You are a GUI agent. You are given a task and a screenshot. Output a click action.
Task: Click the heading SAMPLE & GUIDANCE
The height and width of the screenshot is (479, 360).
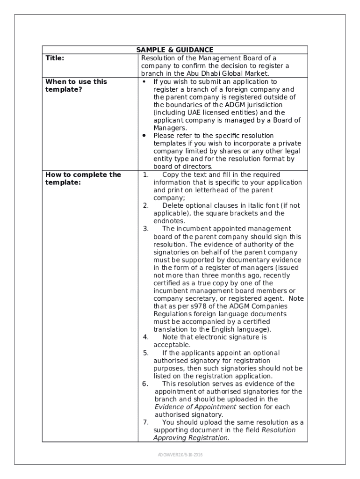[x=174, y=50]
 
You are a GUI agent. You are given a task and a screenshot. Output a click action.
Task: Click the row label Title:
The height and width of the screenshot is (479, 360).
[x=55, y=58]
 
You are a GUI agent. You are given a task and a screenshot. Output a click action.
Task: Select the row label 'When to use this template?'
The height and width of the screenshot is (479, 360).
[x=76, y=85]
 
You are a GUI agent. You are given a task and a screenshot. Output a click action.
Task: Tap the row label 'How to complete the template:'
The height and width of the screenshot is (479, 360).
[x=83, y=178]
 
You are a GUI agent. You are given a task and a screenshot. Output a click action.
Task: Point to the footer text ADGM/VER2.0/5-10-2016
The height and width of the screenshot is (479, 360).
[x=180, y=455]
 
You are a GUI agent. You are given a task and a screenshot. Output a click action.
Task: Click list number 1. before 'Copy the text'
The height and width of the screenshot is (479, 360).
[x=146, y=174]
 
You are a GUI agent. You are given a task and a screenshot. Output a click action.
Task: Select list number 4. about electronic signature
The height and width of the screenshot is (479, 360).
[x=146, y=337]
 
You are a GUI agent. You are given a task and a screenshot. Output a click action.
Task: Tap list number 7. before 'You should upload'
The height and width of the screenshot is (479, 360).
[x=146, y=422]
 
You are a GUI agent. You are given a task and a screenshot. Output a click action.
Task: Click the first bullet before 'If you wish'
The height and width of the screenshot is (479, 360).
[x=144, y=81]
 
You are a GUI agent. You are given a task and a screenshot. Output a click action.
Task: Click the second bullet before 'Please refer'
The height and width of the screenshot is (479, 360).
[x=144, y=135]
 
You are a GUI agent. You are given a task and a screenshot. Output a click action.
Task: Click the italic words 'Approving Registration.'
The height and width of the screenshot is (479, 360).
[x=191, y=438]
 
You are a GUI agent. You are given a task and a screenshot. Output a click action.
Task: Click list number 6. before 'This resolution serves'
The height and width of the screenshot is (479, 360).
[x=146, y=384]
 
